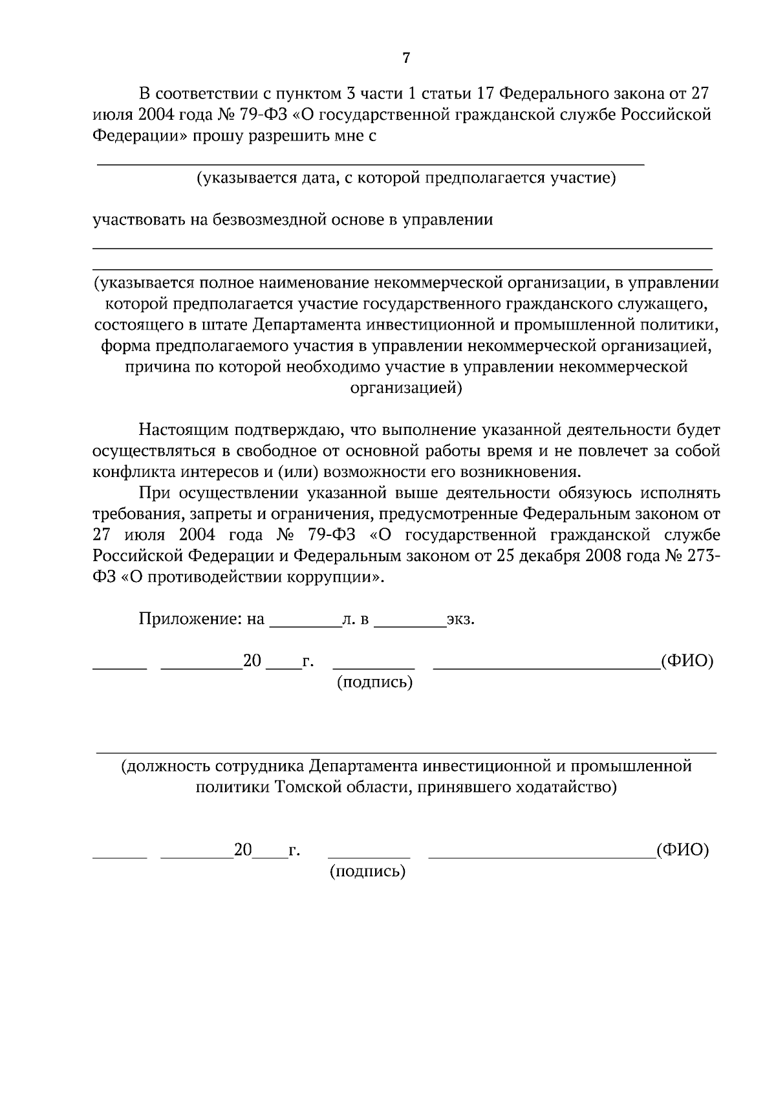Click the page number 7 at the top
pyautogui.click(x=405, y=58)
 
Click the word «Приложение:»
pyautogui.click(x=191, y=619)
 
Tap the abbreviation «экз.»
pyautogui.click(x=460, y=619)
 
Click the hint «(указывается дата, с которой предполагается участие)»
pyautogui.click(x=406, y=177)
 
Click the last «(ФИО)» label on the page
pyautogui.click(x=682, y=849)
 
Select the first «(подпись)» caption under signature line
pyautogui.click(x=374, y=682)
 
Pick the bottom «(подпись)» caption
pyautogui.click(x=367, y=871)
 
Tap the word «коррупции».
pyautogui.click(x=342, y=577)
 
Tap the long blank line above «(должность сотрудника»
pyautogui.click(x=406, y=753)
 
